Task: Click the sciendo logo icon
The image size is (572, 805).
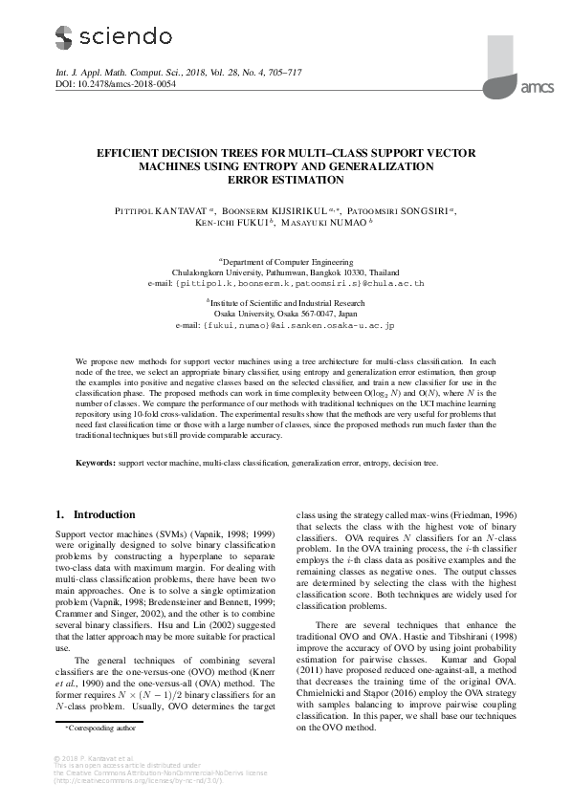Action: point(63,37)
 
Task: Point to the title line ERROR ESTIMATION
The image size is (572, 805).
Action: point(285,179)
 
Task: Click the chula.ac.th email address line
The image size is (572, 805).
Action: point(285,284)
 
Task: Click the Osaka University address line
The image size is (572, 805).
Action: point(285,313)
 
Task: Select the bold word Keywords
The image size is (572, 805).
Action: point(97,463)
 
